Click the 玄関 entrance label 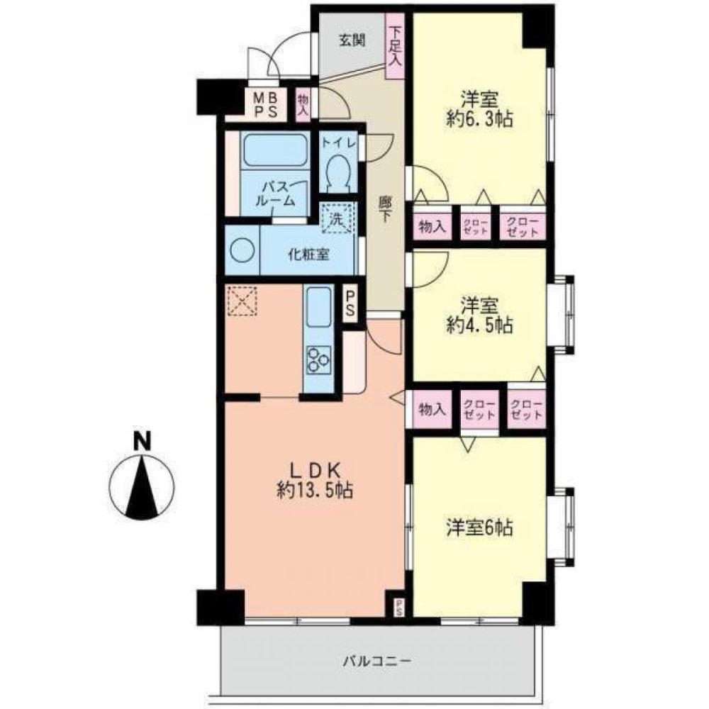click(x=350, y=40)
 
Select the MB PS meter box click(x=266, y=104)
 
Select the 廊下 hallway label click(x=384, y=210)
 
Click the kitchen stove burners click(x=318, y=359)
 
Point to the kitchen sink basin click(x=318, y=306)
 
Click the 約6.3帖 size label click(x=479, y=118)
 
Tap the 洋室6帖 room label click(x=479, y=527)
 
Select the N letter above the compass click(x=143, y=441)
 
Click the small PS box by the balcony click(x=399, y=606)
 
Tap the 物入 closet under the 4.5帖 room click(x=432, y=409)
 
